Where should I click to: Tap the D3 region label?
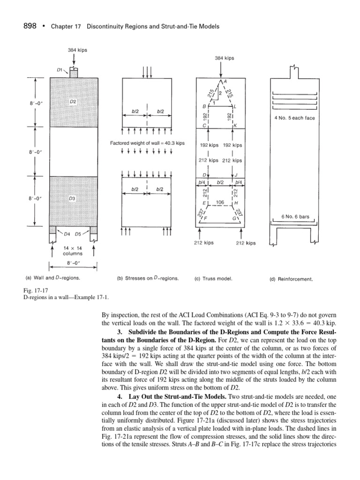(73, 198)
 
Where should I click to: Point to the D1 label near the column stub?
(60, 70)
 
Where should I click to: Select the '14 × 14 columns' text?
(73, 250)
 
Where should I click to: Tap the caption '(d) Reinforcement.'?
(291, 278)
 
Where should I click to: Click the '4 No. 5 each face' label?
(294, 118)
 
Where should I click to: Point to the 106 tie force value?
(220, 202)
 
